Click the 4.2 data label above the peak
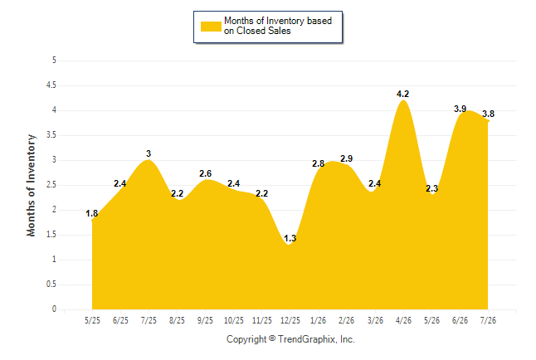(402, 94)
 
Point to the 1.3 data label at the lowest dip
(290, 238)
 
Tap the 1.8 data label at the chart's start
(91, 213)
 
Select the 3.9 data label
(460, 109)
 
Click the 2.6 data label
(205, 173)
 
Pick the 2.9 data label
(346, 158)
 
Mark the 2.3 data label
(431, 188)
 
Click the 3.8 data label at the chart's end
(488, 114)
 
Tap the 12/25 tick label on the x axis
(290, 320)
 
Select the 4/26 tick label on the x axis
(403, 320)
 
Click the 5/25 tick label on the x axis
(92, 320)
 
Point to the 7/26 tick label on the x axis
(488, 320)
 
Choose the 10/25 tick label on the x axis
(234, 320)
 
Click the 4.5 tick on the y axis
(51, 85)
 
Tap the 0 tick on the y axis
(54, 309)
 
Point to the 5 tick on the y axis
(54, 61)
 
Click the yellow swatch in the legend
(211, 27)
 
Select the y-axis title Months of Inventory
(31, 185)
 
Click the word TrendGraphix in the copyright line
(308, 339)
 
